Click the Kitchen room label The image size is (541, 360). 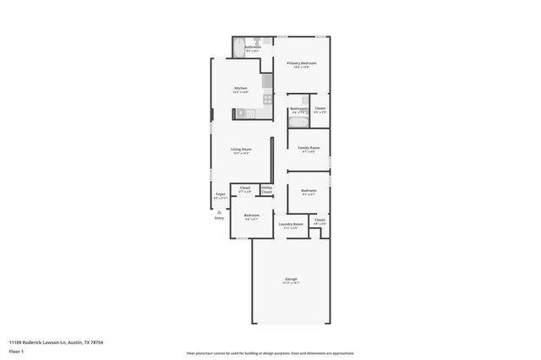(x=241, y=89)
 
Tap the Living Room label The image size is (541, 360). (x=241, y=149)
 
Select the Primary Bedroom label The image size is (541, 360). (x=301, y=63)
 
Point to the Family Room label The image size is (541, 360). (x=309, y=148)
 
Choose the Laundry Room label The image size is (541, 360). (x=291, y=224)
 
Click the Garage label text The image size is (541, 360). (x=291, y=279)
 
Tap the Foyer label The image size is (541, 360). (x=220, y=194)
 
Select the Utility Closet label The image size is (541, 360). (x=266, y=190)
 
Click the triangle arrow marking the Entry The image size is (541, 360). (x=220, y=212)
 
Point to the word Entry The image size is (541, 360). (x=220, y=218)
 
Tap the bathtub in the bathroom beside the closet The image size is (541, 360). (x=298, y=123)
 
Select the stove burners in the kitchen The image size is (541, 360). (x=267, y=99)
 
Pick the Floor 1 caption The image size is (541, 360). (x=17, y=352)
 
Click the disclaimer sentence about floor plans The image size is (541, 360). (x=270, y=352)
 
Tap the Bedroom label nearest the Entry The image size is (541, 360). (x=252, y=215)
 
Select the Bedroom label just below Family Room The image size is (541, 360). (x=309, y=190)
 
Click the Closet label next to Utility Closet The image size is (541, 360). (x=245, y=188)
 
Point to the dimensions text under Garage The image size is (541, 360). (x=291, y=284)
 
